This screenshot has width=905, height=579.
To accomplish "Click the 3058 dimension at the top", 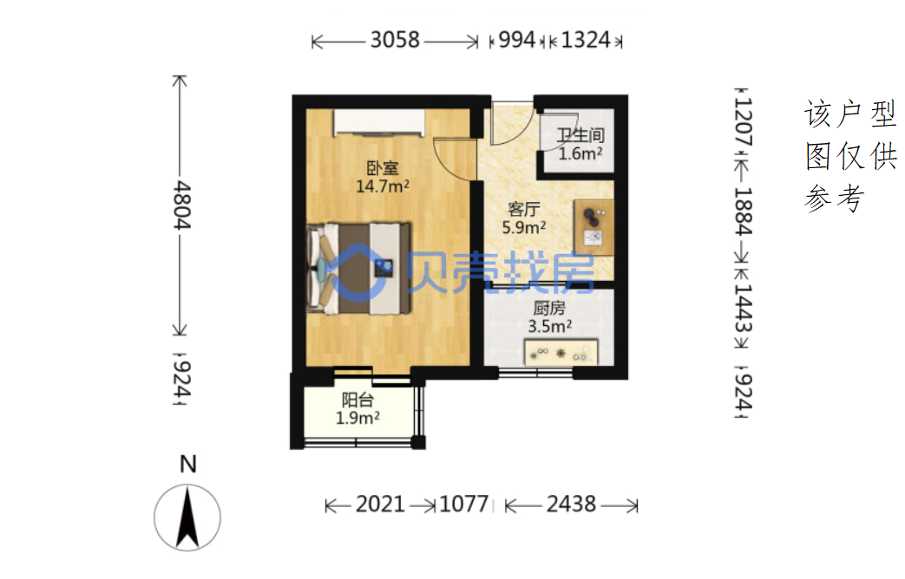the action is coord(395,41).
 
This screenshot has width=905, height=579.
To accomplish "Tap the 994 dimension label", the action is coord(516,41).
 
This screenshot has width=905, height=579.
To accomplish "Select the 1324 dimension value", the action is coord(585,41).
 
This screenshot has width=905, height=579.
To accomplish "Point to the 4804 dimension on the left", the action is coord(182,205).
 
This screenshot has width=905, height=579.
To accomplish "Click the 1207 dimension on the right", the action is coord(743,121).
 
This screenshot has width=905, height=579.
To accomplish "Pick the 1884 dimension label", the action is coord(743,211).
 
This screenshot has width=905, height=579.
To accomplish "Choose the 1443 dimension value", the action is coord(743,309).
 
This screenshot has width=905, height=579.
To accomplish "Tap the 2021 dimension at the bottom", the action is coord(380,504).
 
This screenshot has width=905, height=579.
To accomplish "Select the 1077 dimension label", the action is coord(464,504).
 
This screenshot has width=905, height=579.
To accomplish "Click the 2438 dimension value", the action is coord(571,504).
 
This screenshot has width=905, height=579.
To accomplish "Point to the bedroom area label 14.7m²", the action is coord(383,186).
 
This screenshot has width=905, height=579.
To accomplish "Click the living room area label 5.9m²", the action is coord(523,227).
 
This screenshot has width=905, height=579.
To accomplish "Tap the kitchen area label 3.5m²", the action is coord(549,327).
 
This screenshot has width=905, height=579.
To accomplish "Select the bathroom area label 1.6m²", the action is coord(580,153).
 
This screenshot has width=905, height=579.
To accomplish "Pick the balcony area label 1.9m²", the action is coord(357,418).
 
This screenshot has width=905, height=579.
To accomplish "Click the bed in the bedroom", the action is coord(358,269).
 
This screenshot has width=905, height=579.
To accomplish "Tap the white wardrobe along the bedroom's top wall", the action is coord(379,122).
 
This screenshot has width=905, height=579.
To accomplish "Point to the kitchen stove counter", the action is coord(561,353).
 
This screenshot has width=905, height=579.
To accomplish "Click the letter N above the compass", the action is coord(188,465).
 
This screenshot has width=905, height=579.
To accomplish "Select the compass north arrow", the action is coord(187,517).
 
